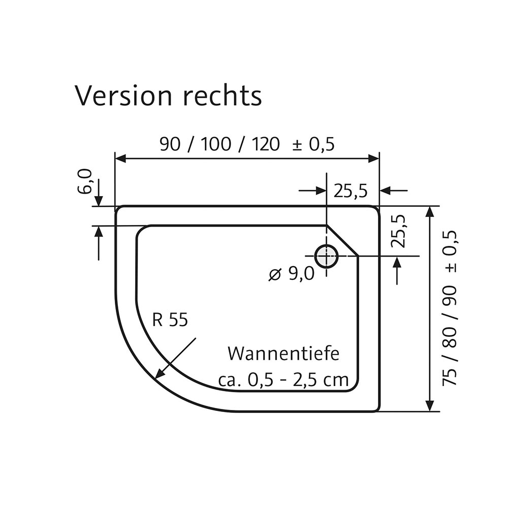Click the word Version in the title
click(123, 96)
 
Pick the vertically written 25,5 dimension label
click(400, 231)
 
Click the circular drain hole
click(326, 256)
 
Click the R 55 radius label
click(170, 320)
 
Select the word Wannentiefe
click(283, 354)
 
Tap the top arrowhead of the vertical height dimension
click(430, 211)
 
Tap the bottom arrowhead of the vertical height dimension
click(430, 406)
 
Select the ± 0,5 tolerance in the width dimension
click(313, 145)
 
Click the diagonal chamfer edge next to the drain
click(342, 241)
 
